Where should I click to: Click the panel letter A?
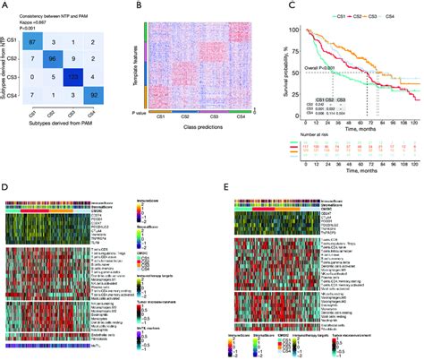[5, 5]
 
